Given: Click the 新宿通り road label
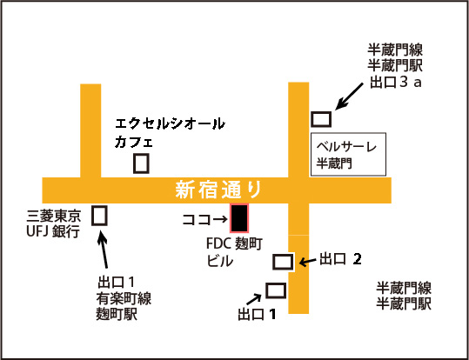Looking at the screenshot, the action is [218, 190].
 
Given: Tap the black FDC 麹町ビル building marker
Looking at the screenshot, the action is [239, 218].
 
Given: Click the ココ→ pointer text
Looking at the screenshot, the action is [204, 220].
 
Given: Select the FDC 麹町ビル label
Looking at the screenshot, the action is [235, 253].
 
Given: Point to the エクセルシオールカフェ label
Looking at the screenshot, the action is [170, 133].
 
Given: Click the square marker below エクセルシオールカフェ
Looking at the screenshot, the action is [141, 163].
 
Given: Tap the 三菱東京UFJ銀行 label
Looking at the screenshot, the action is [54, 224].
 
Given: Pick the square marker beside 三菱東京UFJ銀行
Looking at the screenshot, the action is [99, 216].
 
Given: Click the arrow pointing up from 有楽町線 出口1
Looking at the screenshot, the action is [104, 250].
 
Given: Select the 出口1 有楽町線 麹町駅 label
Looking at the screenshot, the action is [124, 298].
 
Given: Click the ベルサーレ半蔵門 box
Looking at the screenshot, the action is [348, 154].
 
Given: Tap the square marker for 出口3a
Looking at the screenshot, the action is [322, 119].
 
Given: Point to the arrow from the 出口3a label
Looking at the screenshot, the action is [349, 97].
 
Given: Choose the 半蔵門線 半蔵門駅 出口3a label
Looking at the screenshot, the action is [395, 66].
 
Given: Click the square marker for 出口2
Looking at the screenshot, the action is [283, 262].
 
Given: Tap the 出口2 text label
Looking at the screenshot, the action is [340, 259].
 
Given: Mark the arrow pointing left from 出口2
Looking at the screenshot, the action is [307, 262].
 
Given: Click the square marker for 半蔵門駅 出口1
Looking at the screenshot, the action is [276, 290].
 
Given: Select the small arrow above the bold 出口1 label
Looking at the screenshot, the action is [253, 297].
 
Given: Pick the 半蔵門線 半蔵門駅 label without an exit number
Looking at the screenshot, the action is [404, 296].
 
